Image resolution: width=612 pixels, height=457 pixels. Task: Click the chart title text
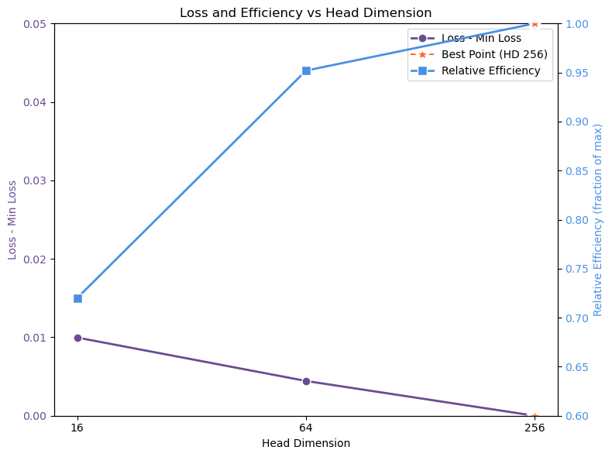pos(305,12)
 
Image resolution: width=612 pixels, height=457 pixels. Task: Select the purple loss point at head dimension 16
pos(77,338)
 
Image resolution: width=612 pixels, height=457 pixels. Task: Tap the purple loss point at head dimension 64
pos(306,381)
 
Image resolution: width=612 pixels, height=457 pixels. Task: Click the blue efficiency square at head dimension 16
pos(77,298)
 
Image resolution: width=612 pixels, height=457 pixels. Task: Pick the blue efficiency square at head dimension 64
pos(306,70)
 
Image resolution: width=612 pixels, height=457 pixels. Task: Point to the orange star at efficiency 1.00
pos(535,23)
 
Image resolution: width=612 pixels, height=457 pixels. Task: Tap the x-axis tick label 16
pos(77,428)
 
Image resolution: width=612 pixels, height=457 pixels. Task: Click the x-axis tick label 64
pos(306,428)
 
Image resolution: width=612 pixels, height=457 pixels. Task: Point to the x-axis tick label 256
pos(535,428)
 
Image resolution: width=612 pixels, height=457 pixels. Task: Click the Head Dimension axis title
pos(306,443)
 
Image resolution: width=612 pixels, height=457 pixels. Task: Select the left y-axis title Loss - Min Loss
pos(12,220)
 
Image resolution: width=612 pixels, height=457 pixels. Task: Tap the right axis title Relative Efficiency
pos(598,220)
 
